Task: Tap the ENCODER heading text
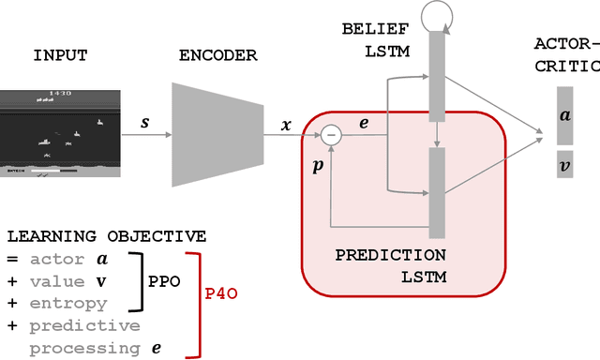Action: click(x=217, y=55)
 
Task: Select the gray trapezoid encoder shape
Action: click(x=217, y=133)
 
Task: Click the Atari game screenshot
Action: click(x=60, y=133)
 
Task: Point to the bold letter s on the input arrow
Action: click(x=144, y=122)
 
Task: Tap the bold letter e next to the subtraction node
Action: click(x=364, y=122)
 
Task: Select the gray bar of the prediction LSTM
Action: click(x=437, y=192)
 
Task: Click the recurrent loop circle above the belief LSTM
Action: click(x=437, y=14)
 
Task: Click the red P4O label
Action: click(x=221, y=293)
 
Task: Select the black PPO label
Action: click(x=165, y=281)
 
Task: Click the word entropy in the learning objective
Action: click(x=67, y=304)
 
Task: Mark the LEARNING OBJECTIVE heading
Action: click(x=106, y=236)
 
